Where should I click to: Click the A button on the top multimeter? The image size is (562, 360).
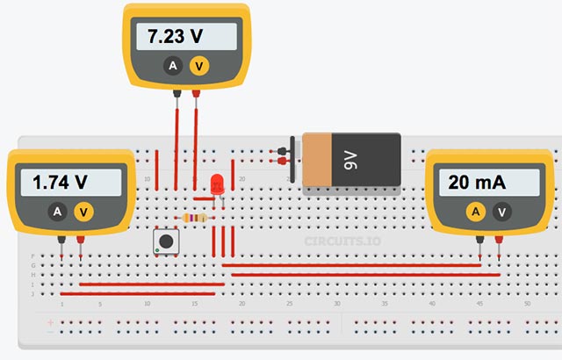(173, 66)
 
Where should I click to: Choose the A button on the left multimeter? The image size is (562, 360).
(57, 212)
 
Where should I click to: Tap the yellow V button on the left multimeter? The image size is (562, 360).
(83, 212)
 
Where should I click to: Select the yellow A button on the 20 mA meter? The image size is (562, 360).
(475, 212)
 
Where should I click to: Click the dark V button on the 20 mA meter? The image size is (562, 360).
(501, 212)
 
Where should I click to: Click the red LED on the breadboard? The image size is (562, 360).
(217, 184)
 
